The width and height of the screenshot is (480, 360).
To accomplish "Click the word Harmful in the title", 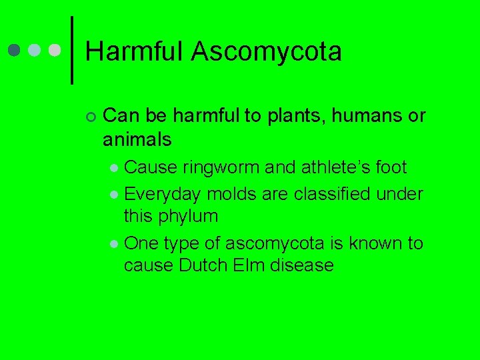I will point(134,52).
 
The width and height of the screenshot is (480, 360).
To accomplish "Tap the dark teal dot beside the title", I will point(15,51).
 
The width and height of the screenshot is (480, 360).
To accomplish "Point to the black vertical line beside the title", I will point(71,51).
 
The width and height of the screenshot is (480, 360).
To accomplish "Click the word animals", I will point(137,139).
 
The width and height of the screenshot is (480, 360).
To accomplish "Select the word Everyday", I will point(163,194).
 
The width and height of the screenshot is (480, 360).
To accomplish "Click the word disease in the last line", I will point(301,265).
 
